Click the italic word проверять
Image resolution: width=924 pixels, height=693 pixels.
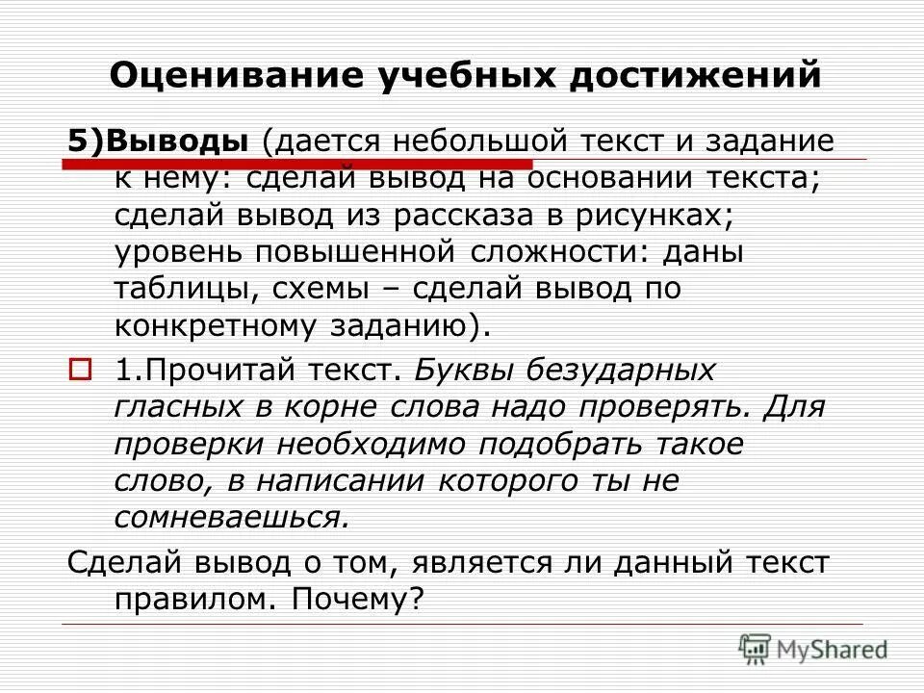[x=660, y=407]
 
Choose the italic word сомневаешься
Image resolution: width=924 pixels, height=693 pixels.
[x=230, y=517]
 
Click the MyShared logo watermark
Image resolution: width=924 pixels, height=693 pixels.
[x=813, y=649]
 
